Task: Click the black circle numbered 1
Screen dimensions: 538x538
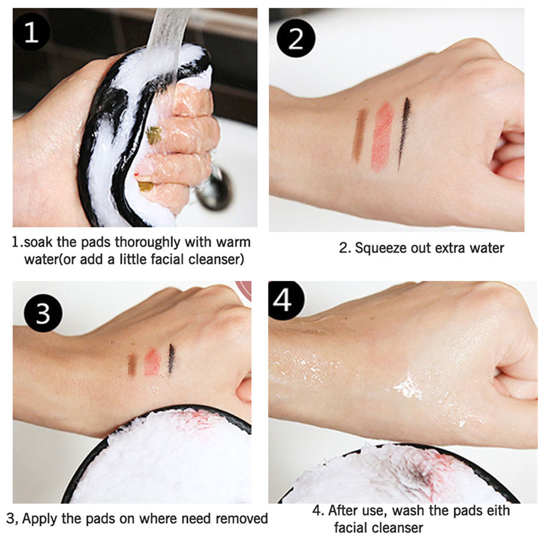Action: pos(32,32)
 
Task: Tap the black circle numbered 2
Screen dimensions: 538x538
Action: pos(296,38)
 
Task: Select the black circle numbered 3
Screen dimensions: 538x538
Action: pos(43,313)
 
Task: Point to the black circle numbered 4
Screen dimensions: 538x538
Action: pos(286,301)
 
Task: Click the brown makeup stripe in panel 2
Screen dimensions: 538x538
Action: pos(359,135)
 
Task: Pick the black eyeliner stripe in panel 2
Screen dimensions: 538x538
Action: pos(404,134)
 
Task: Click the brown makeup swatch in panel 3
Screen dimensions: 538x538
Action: pos(132,365)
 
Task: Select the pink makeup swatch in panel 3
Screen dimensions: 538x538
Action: pos(152,362)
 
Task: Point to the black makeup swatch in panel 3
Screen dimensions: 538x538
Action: pos(171,359)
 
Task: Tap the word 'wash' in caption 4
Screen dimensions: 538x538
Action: pos(409,511)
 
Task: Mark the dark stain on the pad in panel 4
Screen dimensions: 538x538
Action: pos(419,475)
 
